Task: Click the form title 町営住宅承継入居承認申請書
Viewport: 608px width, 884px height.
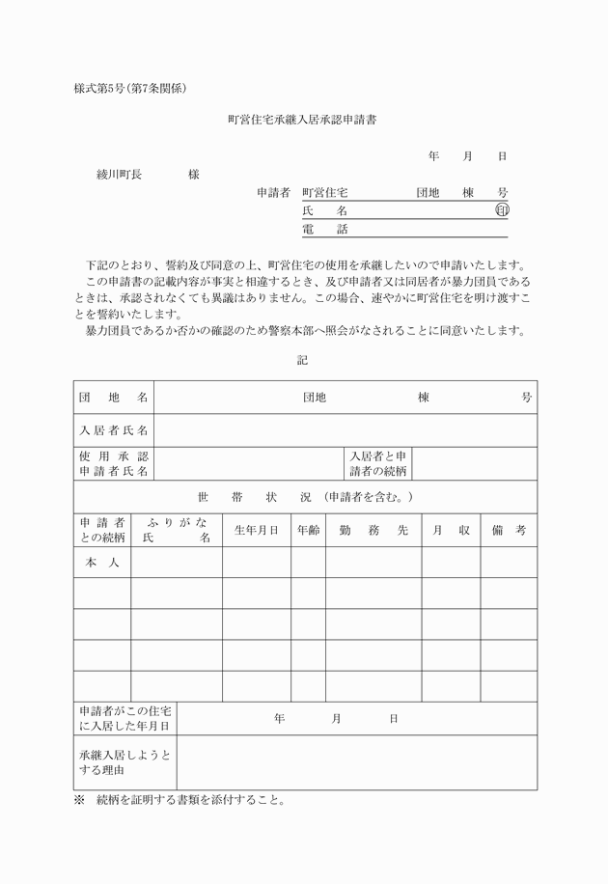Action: coord(308,120)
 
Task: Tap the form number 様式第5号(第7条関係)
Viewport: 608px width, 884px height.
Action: coord(129,88)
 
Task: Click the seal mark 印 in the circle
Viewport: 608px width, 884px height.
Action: coord(502,209)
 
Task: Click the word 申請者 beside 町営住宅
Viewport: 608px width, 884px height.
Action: coord(273,192)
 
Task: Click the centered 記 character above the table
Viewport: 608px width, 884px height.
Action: coord(303,360)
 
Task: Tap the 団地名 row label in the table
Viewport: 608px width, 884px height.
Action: coord(114,398)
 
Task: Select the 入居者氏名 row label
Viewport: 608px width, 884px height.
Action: coord(114,429)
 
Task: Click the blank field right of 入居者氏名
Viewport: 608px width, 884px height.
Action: coord(345,429)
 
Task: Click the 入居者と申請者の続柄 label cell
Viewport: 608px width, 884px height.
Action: coord(378,463)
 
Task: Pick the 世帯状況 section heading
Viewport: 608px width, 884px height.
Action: coord(305,497)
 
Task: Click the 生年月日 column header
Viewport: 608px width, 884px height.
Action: coord(256,530)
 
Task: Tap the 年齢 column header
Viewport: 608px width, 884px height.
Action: coord(308,530)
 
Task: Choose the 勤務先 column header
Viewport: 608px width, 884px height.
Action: coord(373,530)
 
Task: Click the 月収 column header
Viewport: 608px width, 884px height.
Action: coord(451,530)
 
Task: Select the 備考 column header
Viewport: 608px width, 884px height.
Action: coord(509,530)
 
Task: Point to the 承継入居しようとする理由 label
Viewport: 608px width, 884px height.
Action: coord(125,762)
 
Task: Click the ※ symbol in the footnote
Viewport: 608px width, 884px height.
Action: coord(80,800)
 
